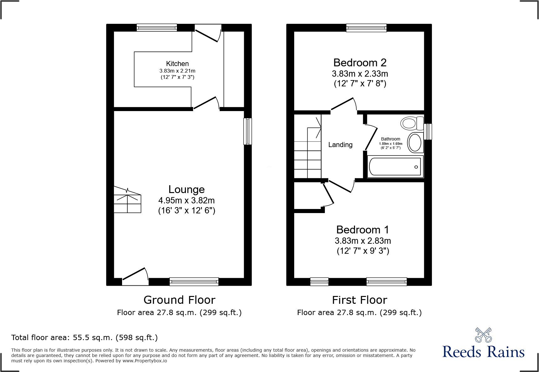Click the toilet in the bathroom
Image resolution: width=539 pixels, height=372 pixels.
click(x=411, y=123)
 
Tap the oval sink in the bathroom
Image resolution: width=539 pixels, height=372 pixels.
click(x=415, y=143)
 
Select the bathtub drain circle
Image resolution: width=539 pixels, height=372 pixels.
click(x=416, y=167)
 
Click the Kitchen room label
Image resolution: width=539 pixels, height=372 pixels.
click(x=177, y=64)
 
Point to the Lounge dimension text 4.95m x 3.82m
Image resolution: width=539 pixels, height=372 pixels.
click(x=187, y=200)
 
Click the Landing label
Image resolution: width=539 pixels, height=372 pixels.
click(x=340, y=145)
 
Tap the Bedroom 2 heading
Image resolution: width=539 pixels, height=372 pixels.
click(x=360, y=63)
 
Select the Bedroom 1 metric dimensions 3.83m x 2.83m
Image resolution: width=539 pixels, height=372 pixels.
click(x=363, y=241)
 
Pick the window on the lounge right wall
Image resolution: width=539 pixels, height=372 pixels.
click(x=248, y=131)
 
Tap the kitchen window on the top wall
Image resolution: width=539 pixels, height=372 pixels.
click(x=157, y=28)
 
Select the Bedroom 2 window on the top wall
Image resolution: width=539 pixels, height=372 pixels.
click(x=366, y=28)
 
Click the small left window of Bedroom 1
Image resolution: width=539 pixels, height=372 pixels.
click(x=319, y=282)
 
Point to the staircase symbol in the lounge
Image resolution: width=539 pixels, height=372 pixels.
click(x=127, y=200)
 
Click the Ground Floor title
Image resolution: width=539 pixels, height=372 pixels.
click(x=179, y=300)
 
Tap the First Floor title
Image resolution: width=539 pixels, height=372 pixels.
click(x=359, y=300)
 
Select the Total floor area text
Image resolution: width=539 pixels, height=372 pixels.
click(x=84, y=338)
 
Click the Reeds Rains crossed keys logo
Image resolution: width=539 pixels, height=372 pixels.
click(x=483, y=335)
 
